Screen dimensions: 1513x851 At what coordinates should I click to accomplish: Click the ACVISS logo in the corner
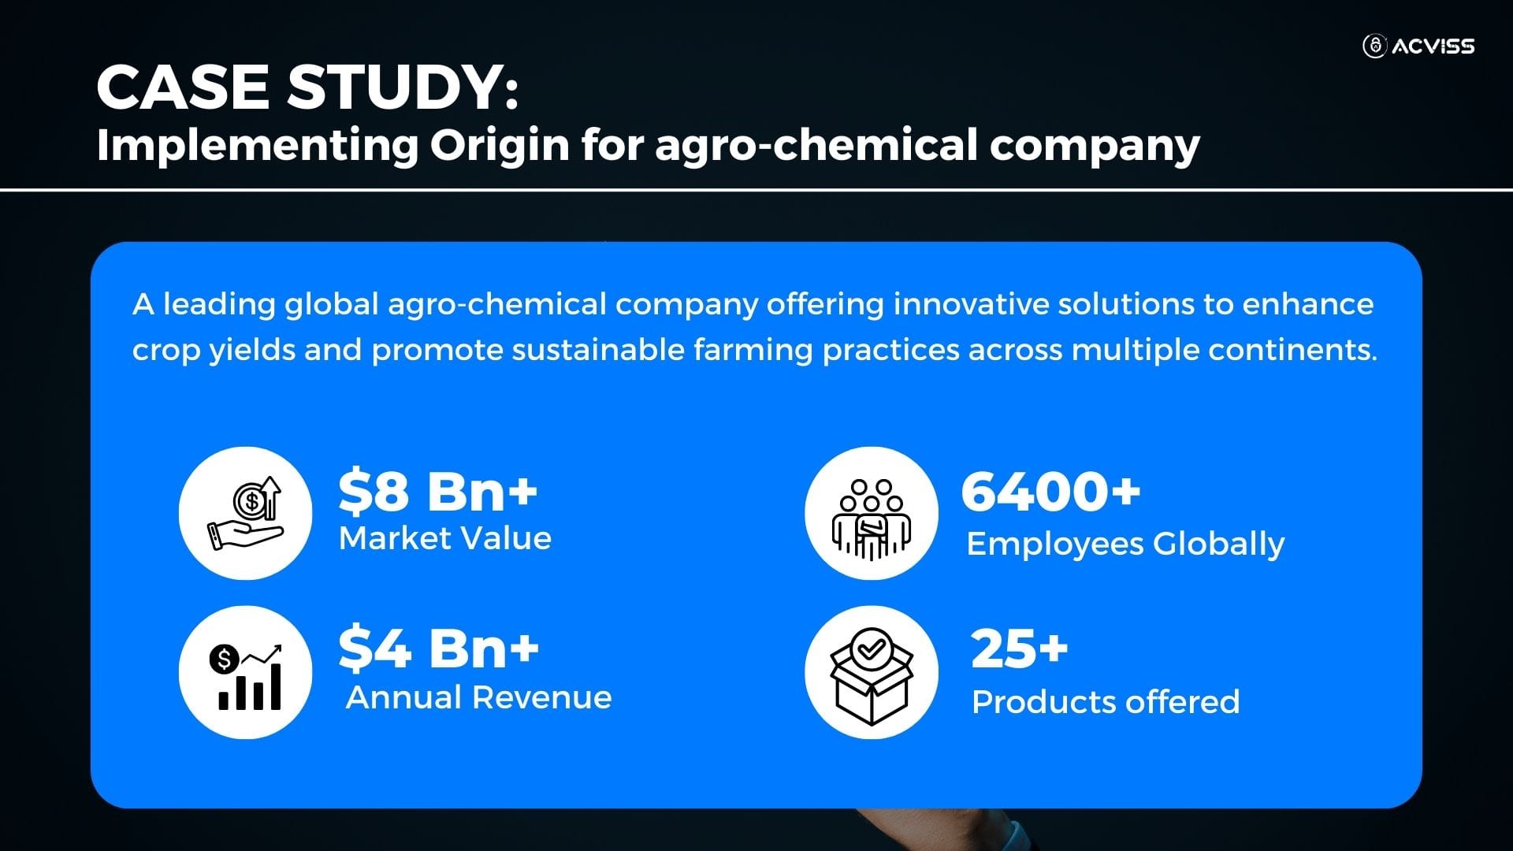(1418, 46)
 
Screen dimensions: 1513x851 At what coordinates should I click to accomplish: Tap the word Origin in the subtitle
(500, 145)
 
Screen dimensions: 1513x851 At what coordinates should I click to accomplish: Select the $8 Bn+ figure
(437, 490)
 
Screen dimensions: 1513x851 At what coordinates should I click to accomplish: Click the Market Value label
(445, 538)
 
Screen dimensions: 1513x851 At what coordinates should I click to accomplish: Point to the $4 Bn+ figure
(439, 648)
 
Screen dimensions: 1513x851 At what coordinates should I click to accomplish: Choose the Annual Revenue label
(478, 697)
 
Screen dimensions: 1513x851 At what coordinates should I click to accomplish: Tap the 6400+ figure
(1050, 490)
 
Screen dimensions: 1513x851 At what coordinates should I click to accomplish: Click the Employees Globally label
(1125, 544)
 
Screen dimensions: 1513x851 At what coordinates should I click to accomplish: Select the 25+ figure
(1020, 648)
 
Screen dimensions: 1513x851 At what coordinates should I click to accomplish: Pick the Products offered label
(1106, 701)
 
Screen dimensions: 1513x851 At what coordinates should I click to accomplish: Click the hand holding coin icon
(245, 513)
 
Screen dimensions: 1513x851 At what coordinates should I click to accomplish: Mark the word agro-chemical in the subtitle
(816, 147)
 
